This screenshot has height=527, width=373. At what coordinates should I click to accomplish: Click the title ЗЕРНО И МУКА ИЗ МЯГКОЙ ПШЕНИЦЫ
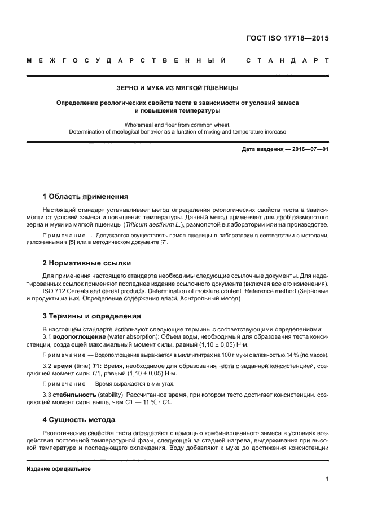click(x=186, y=88)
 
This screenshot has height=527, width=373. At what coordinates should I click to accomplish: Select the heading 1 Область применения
click(x=85, y=197)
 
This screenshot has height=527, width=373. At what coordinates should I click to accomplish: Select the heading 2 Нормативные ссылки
click(x=86, y=263)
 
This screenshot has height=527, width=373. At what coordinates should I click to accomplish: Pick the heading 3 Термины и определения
click(x=92, y=316)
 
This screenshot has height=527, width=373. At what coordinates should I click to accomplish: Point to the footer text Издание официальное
click(x=59, y=468)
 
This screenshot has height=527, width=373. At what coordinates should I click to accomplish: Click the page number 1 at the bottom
click(x=327, y=479)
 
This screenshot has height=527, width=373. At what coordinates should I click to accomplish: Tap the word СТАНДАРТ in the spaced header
click(x=288, y=60)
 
